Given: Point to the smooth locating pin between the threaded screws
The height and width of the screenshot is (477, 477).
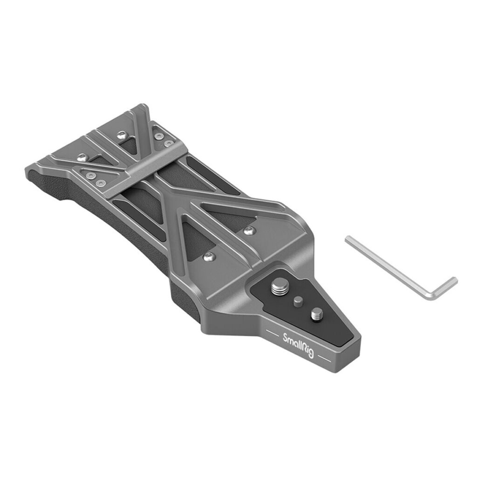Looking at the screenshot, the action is click(298, 301).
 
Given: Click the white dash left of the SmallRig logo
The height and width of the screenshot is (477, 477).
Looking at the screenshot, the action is click(273, 332).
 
